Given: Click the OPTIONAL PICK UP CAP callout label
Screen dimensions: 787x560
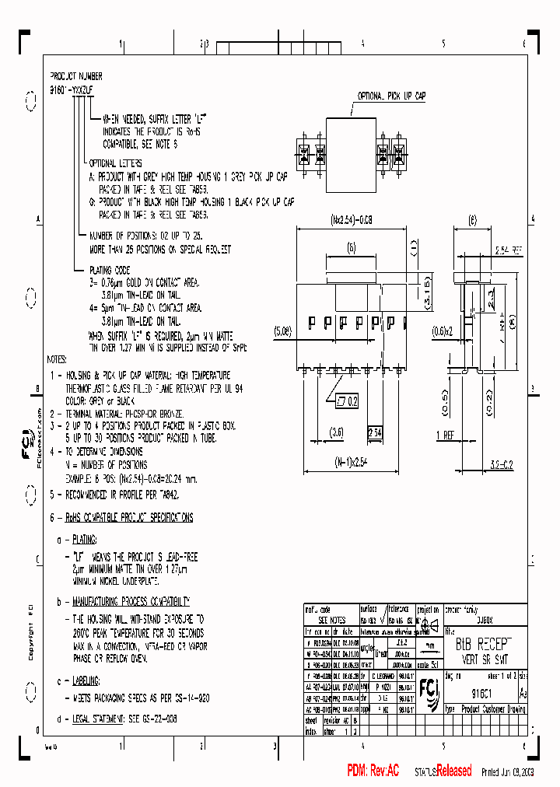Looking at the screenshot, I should tap(391, 96).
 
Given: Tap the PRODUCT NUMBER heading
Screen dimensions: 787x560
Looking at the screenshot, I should tap(76, 77).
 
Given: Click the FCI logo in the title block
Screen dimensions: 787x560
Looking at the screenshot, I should tap(428, 688).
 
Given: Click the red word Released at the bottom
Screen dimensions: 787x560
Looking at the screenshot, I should tap(453, 771).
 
